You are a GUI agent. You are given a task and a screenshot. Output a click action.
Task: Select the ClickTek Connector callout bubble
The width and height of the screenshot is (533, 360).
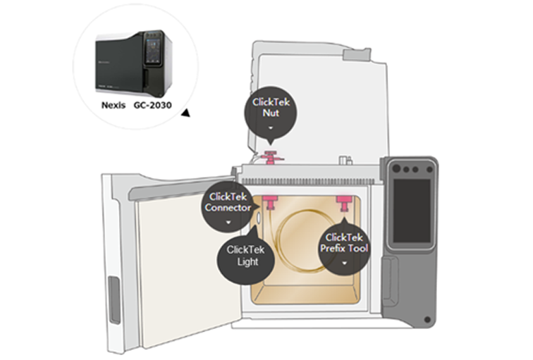click(x=227, y=205)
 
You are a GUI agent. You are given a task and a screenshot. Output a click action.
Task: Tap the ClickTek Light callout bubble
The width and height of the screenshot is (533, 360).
click(x=242, y=256)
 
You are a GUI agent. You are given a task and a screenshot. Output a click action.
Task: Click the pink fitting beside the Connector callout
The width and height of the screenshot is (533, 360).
click(x=269, y=204)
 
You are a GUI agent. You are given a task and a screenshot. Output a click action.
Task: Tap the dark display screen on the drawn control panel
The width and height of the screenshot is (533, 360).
click(x=411, y=211)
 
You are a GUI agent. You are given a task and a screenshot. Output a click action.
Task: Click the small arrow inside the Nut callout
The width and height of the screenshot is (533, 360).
click(x=271, y=128)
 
